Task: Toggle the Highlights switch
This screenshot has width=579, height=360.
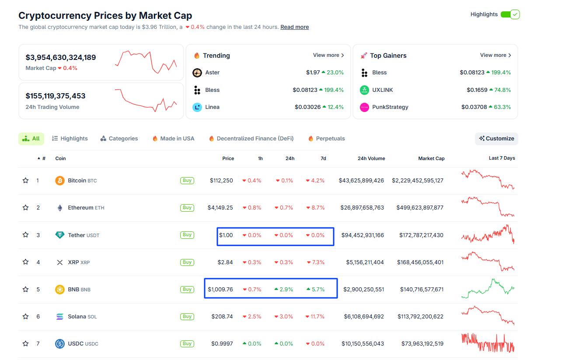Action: (509, 14)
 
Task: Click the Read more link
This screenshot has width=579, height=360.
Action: (294, 27)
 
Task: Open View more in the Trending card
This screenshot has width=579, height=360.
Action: (328, 55)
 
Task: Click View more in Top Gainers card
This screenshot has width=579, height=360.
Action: (495, 55)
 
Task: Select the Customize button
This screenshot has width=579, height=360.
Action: (496, 139)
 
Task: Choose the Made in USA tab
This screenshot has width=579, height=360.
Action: (173, 139)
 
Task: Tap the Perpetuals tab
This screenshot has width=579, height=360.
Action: (326, 139)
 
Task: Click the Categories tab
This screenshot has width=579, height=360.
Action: (119, 139)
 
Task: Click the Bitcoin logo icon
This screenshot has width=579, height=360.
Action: (60, 181)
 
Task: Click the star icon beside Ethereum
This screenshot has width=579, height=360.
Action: (26, 208)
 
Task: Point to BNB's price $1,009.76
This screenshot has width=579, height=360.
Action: (220, 289)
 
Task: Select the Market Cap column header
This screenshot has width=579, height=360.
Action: (431, 158)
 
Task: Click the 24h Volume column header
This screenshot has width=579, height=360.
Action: (371, 158)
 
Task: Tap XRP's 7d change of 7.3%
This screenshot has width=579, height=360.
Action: (315, 262)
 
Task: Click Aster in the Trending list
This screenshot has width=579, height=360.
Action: (212, 73)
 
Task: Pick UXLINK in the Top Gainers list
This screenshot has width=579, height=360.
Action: (382, 90)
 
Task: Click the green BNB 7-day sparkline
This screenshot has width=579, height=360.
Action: (488, 289)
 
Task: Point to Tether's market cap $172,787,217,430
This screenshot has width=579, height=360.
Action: (421, 235)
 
